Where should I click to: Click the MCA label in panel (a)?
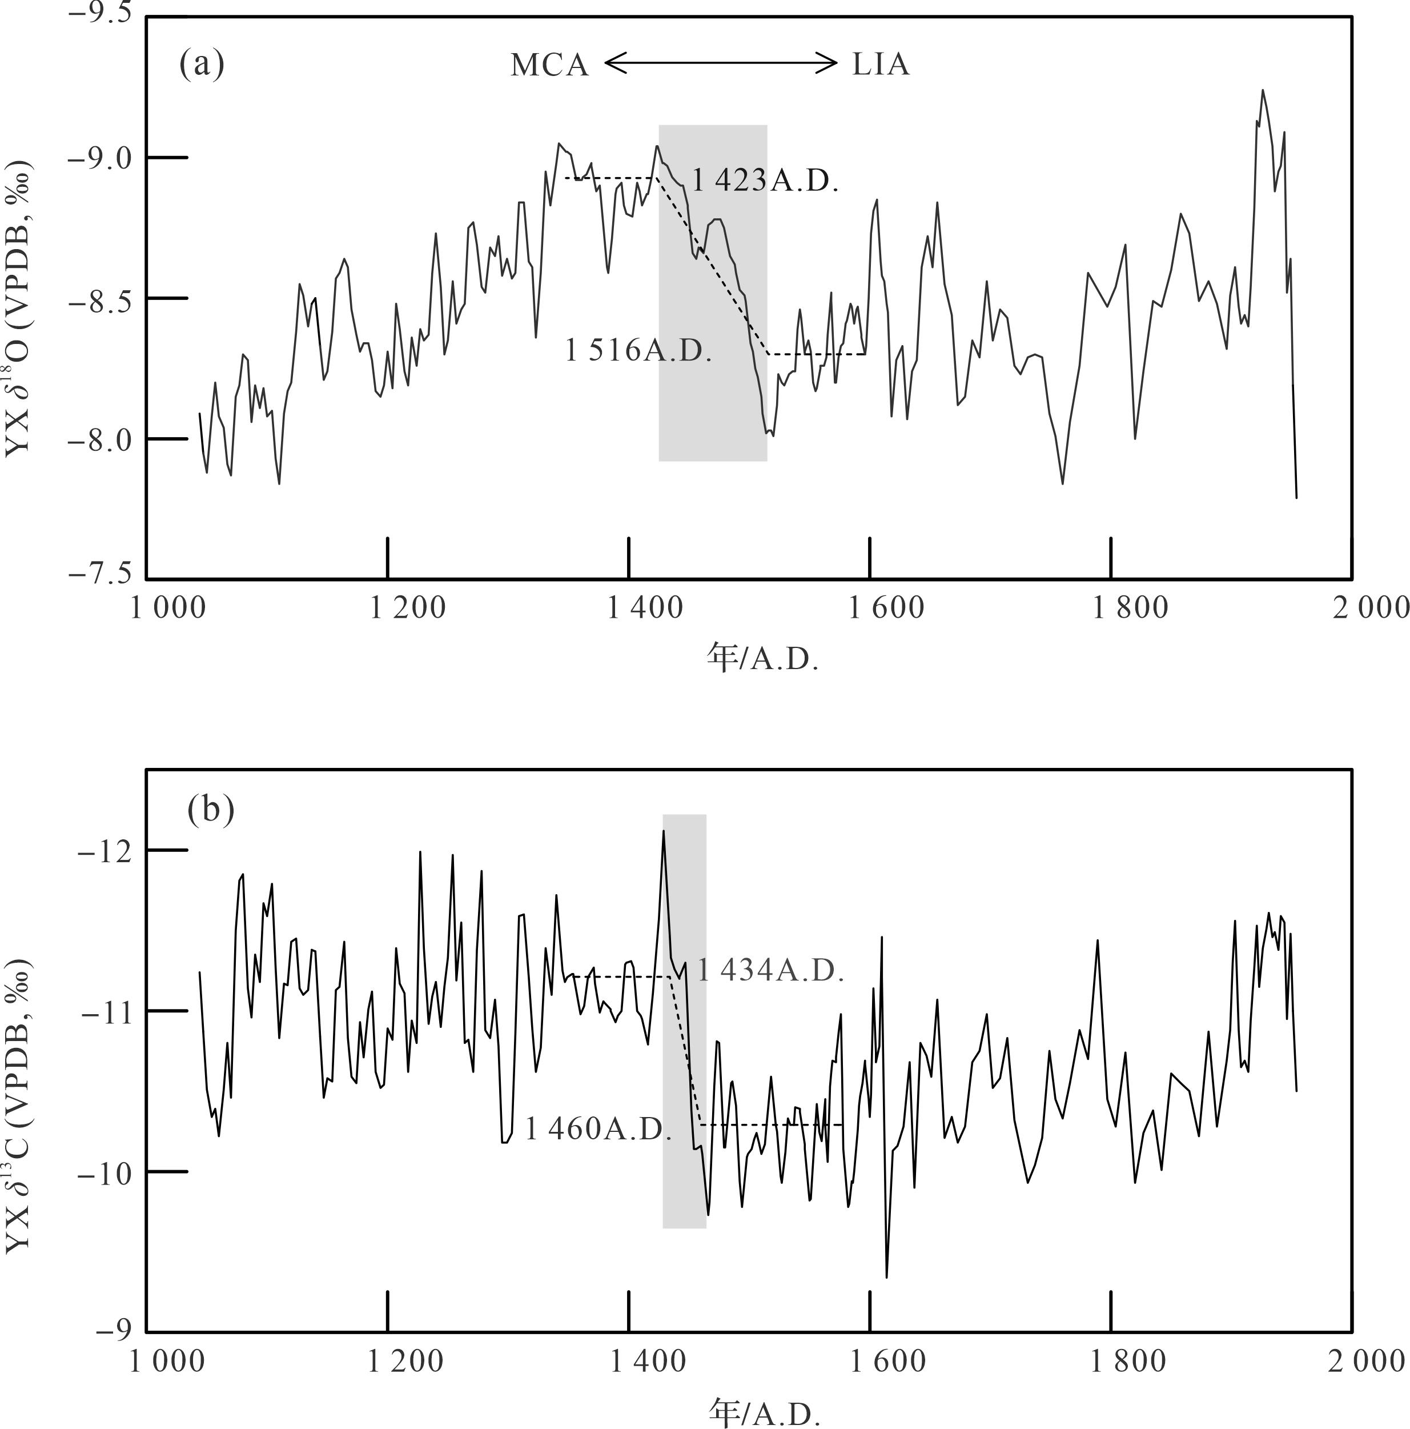549,66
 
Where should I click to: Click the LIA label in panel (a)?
881,65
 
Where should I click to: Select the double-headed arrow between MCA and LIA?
721,63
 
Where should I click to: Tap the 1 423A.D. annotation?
765,181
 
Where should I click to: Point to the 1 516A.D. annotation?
638,350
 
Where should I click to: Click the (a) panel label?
202,65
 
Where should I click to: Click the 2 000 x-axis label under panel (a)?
1372,608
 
